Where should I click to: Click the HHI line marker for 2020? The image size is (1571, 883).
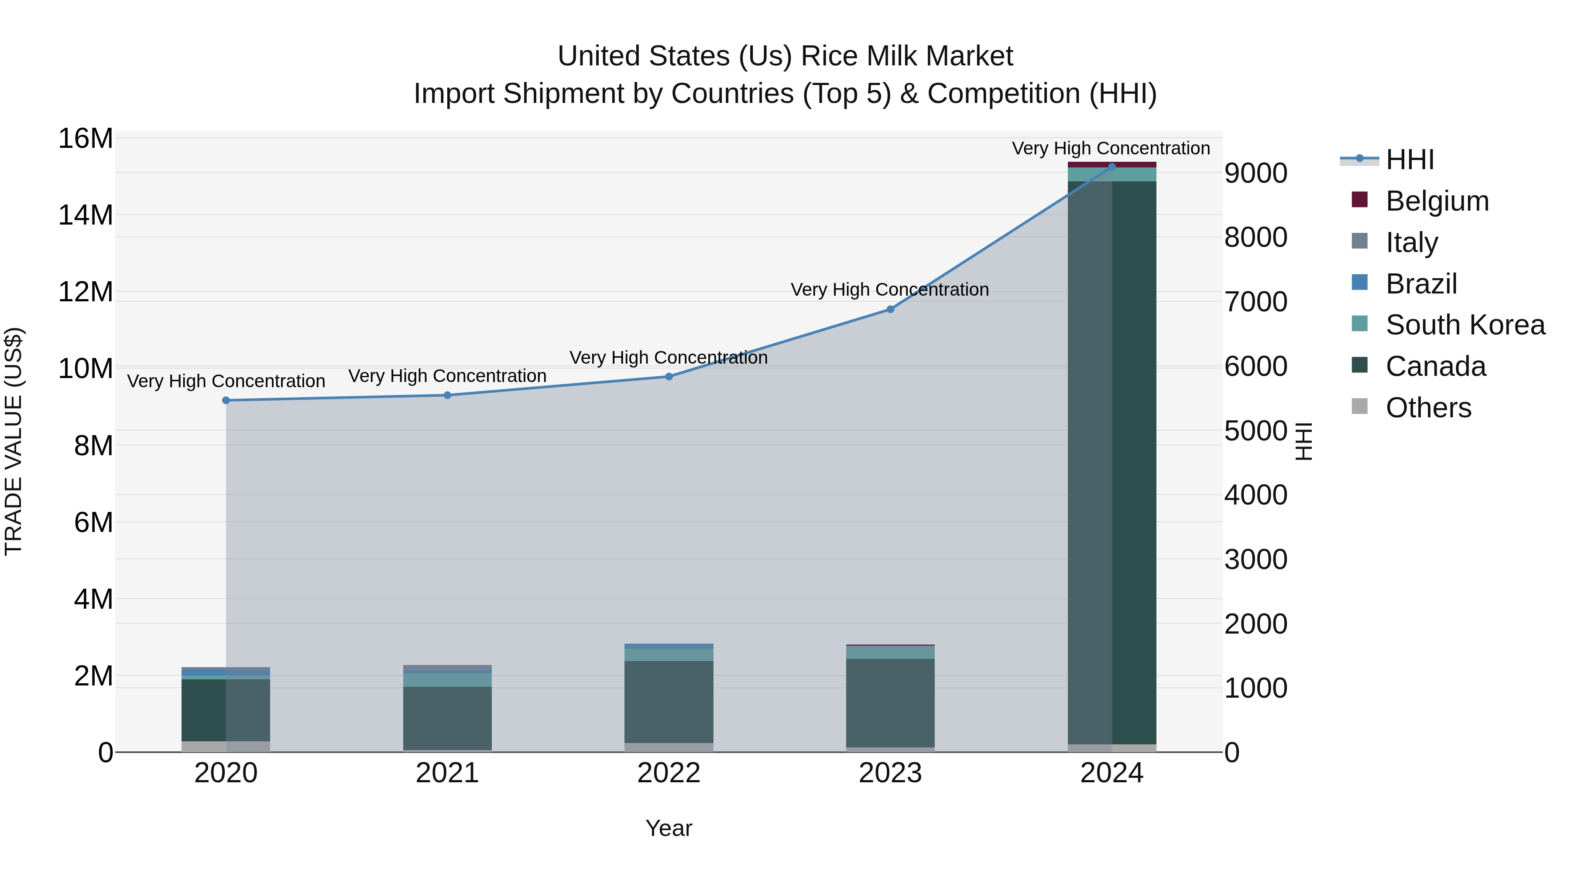226,400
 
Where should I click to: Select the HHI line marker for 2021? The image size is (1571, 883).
447,395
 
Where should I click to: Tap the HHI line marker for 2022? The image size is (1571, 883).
669,377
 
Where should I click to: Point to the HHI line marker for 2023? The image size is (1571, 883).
890,310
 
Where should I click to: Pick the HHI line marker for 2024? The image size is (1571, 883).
1111,167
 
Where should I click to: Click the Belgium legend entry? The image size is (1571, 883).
1437,201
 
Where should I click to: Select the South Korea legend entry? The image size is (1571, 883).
1465,325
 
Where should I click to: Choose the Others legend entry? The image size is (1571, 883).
1428,408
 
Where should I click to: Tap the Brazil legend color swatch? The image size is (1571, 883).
1359,283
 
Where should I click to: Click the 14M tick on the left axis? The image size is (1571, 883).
86,215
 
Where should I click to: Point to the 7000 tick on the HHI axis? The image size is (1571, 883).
1255,302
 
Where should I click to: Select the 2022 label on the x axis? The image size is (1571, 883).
669,773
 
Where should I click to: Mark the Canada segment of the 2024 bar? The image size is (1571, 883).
1111,463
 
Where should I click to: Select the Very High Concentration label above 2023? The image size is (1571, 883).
890,290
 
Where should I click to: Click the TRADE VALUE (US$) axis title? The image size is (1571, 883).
14,441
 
